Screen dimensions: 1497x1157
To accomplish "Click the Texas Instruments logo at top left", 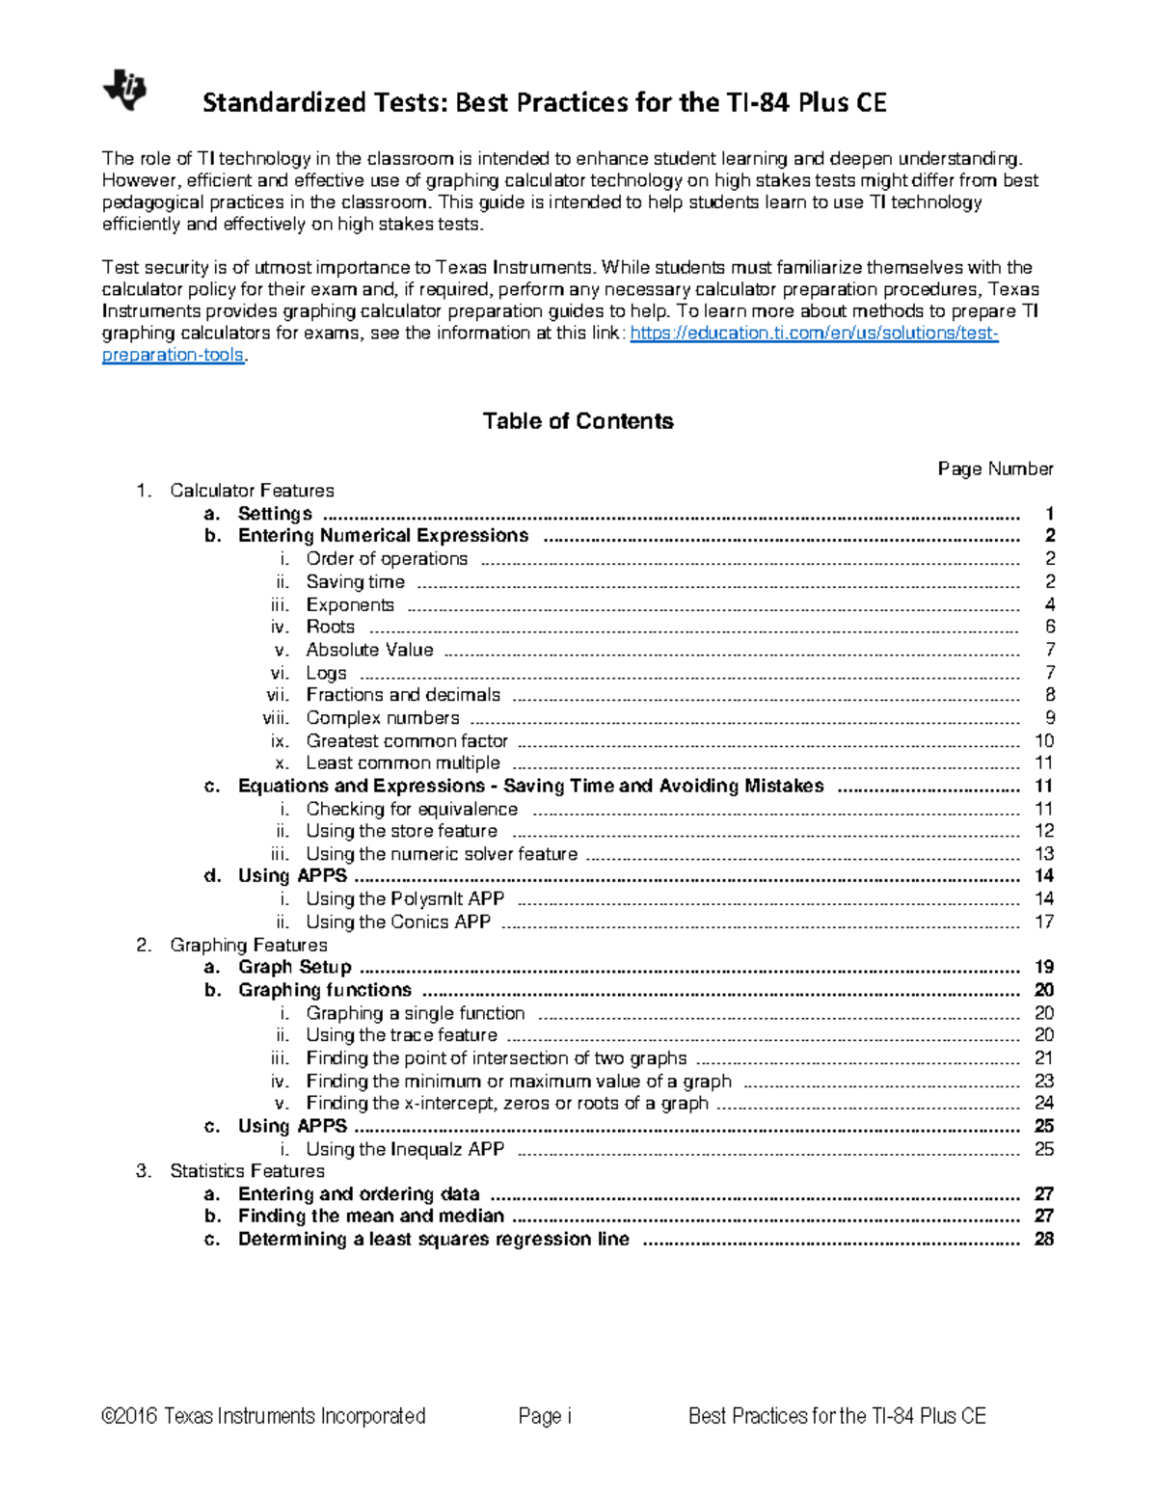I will point(124,91).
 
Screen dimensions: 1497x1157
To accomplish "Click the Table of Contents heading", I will point(578,421).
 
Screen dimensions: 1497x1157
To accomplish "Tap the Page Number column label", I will point(995,468).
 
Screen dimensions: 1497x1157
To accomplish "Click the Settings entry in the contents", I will point(275,514).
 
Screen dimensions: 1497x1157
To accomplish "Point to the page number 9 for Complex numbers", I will point(1049,718).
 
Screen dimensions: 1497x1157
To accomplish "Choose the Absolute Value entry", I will point(369,650).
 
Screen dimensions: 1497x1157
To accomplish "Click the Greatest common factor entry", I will point(406,741).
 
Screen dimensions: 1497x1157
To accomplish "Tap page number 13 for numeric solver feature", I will point(1043,854).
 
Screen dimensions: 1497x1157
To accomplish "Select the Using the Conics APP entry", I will point(397,922).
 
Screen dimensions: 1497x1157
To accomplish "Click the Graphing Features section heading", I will point(248,946).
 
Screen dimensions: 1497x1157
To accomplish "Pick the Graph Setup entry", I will point(294,967).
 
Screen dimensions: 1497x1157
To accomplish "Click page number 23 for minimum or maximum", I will point(1043,1082).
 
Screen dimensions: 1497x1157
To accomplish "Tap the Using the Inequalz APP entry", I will point(404,1149).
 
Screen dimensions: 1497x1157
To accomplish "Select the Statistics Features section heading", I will point(247,1171).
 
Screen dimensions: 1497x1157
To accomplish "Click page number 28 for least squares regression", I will point(1043,1240).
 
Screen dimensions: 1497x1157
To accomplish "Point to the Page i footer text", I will point(545,1416).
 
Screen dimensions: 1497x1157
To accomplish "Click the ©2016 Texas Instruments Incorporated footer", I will point(263,1416).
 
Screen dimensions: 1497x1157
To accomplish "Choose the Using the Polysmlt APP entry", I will point(404,899).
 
